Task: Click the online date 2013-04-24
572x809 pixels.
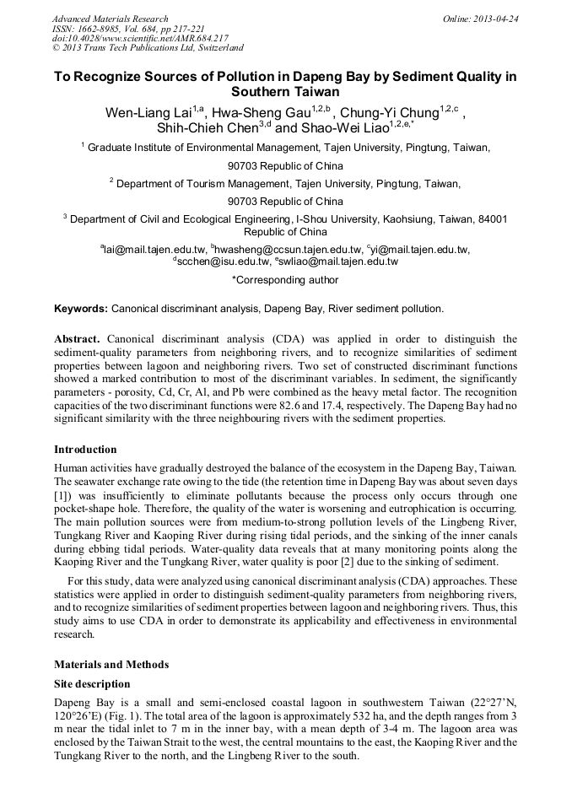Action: click(499, 19)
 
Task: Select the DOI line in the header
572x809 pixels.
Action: click(140, 39)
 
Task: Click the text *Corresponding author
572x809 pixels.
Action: click(285, 280)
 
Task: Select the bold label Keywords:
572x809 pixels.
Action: click(81, 309)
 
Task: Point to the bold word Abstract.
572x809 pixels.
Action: click(78, 339)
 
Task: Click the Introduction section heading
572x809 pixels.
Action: click(85, 449)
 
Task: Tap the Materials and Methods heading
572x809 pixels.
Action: click(111, 664)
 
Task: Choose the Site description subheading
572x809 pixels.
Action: click(92, 683)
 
